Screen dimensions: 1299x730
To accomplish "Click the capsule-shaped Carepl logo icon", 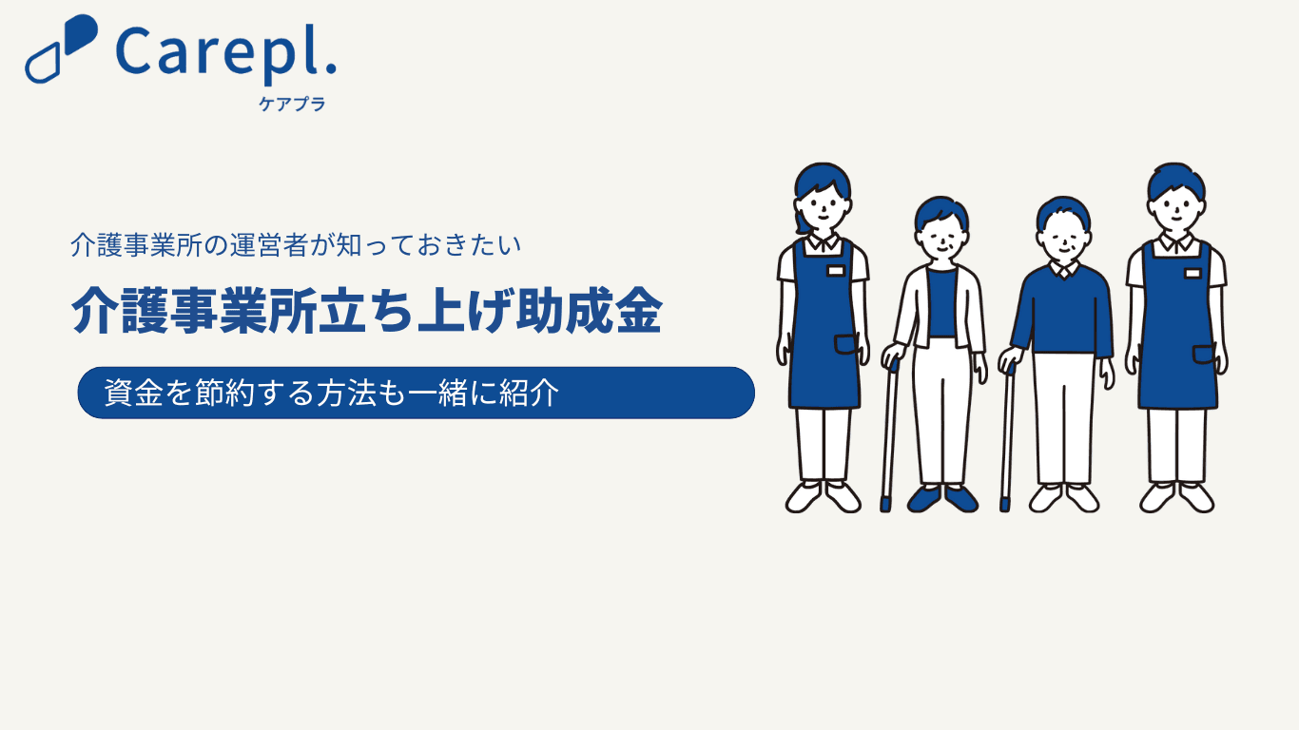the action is (x=61, y=48).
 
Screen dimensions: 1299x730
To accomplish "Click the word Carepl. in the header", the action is (x=226, y=54).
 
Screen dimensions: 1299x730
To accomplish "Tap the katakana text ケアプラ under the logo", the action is (x=292, y=104).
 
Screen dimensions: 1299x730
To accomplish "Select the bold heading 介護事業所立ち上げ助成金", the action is (x=366, y=311).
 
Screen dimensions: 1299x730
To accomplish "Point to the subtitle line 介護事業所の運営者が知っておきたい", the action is (x=296, y=245).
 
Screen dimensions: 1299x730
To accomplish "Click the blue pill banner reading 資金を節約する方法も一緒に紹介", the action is (x=416, y=393).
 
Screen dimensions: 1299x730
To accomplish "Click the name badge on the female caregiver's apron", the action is (x=835, y=271).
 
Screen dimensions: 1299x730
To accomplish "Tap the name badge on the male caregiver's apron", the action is (x=1192, y=273).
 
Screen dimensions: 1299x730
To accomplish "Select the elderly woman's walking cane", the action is (x=889, y=435).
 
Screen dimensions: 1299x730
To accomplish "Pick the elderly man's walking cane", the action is (x=1007, y=437).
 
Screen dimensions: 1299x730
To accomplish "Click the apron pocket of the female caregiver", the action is (x=846, y=344).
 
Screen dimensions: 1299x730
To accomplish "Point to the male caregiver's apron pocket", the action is (x=1204, y=355).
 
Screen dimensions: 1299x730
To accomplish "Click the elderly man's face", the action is (x=1063, y=240).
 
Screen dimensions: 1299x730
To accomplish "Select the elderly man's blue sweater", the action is (x=1062, y=312).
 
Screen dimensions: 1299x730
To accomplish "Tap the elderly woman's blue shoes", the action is (x=942, y=499).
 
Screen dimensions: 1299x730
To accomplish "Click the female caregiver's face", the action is (x=823, y=207).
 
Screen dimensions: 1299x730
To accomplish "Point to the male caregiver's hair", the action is (x=1176, y=180).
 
